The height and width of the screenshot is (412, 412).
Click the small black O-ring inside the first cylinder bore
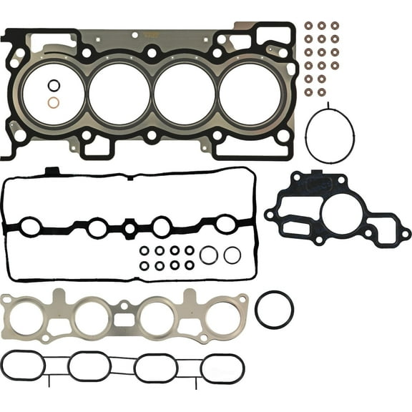click(54, 86)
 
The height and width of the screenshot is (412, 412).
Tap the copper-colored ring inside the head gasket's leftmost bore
click(54, 102)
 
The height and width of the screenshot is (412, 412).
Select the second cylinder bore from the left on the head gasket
click(119, 94)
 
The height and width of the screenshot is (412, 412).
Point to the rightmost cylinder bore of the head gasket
click(250, 94)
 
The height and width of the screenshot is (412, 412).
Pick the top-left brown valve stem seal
click(308, 26)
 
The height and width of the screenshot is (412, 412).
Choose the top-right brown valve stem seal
click(334, 26)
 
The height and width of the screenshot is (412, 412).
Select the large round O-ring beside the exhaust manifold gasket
click(274, 310)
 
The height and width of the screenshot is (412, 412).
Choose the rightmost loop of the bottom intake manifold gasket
click(222, 368)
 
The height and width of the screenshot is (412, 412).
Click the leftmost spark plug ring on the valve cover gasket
click(31, 227)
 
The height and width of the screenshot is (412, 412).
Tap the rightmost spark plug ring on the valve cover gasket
click(226, 225)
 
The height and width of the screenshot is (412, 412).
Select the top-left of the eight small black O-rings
click(144, 250)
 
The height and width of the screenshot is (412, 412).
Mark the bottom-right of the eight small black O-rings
click(190, 265)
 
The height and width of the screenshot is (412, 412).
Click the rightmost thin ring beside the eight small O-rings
click(232, 255)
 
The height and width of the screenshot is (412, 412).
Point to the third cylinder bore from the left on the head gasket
click(185, 94)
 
